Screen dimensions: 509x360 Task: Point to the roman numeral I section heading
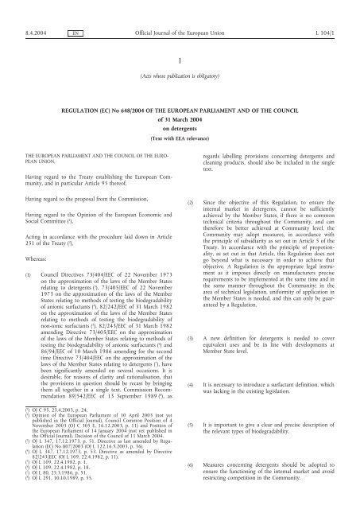[x=180, y=60]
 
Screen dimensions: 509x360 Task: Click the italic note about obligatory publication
[x=180, y=76]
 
